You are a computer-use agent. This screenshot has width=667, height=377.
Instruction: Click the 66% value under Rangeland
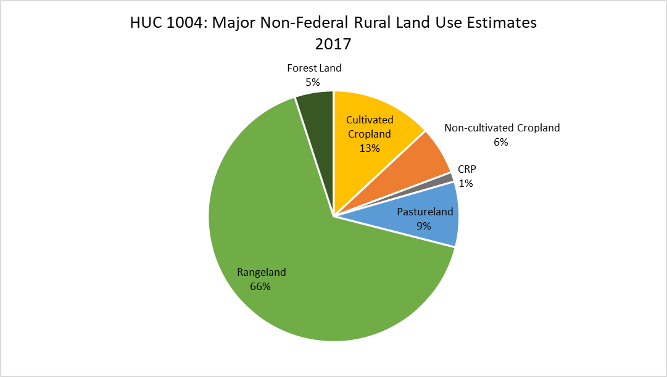coord(260,286)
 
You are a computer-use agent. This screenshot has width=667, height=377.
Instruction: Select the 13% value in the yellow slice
coord(370,148)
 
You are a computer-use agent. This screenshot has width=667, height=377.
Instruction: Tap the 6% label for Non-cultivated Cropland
coord(501,142)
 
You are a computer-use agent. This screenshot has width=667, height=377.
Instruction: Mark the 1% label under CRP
coord(466,183)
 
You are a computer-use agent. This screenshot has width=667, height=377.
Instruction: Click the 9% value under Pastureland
coord(424,226)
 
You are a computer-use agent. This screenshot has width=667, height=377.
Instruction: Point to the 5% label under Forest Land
coord(313,82)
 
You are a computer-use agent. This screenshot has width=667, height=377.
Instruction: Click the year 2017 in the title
coord(333,44)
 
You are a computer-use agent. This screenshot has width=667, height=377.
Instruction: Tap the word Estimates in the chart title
coord(502,22)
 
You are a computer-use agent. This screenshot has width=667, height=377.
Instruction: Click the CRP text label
coord(466,169)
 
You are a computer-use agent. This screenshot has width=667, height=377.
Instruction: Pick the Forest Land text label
coord(314,68)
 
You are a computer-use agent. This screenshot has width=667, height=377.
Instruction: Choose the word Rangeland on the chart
coord(262,272)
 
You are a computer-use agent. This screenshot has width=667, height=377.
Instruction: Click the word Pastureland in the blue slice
coord(425,212)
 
